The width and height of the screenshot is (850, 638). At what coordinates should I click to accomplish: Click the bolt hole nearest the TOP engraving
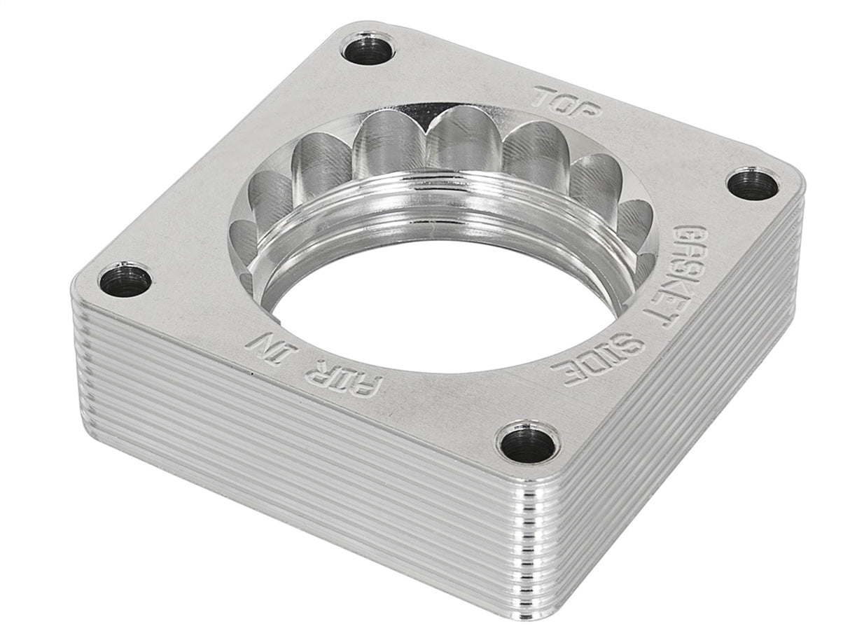pos(368,48)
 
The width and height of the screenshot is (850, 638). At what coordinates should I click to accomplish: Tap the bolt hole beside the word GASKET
pos(753,184)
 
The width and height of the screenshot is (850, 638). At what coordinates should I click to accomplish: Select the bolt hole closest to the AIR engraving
pos(125,280)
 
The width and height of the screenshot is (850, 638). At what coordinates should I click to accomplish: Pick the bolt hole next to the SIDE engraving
pos(528,444)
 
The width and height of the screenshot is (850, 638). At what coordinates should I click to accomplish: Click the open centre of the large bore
pos(434,301)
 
